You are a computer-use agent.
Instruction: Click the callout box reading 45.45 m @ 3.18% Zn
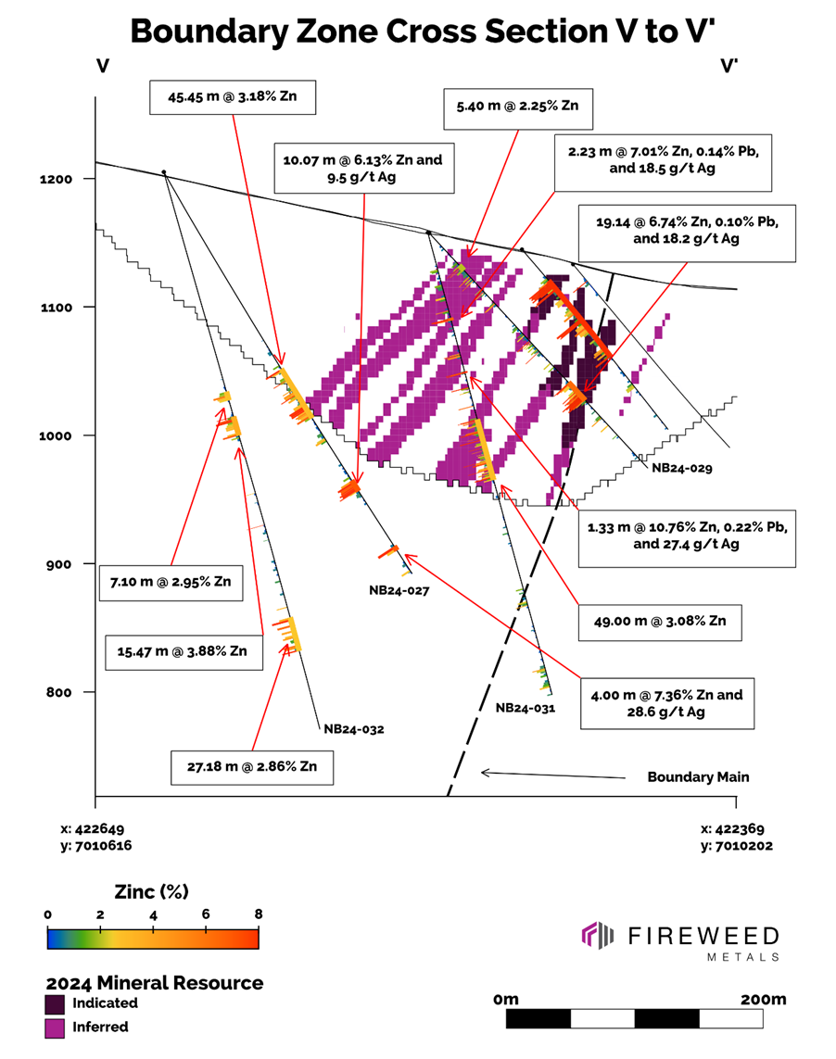(x=234, y=97)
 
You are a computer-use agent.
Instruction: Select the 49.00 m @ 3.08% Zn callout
(x=659, y=623)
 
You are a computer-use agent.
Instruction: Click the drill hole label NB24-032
(x=353, y=728)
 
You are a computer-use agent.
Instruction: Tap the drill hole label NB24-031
(x=526, y=707)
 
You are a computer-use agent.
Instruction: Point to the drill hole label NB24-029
(x=681, y=469)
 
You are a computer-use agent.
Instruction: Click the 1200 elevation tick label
(x=66, y=178)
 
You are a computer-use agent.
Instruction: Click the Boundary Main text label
(x=697, y=777)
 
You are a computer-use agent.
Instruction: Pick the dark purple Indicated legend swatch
(x=56, y=1003)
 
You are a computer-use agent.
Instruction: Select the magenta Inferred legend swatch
(x=56, y=1027)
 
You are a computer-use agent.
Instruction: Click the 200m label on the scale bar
(x=763, y=1000)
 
